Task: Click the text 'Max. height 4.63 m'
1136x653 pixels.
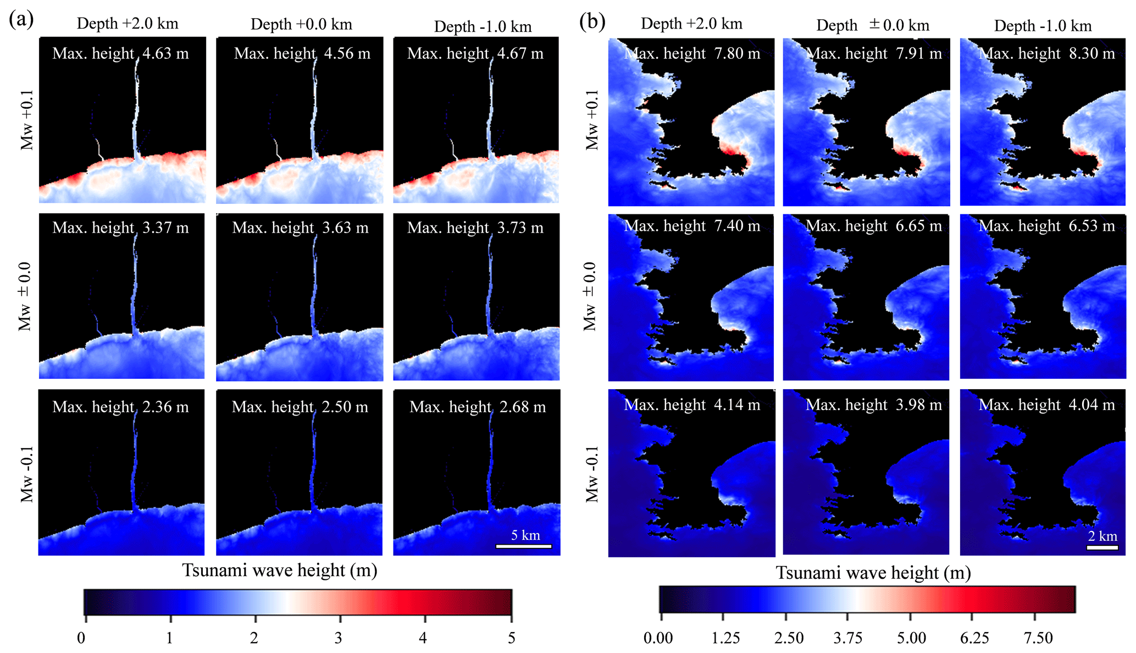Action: (120, 53)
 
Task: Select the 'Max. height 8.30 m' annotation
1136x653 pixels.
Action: (1047, 53)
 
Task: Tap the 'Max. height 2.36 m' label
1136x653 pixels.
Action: (120, 407)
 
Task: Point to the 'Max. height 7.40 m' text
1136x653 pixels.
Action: (692, 226)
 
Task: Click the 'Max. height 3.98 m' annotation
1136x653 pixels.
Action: (874, 405)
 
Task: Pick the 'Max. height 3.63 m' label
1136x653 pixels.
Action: (300, 228)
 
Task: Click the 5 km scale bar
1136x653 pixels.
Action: (524, 546)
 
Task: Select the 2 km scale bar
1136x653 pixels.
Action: (1102, 547)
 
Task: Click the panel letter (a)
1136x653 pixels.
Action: (21, 20)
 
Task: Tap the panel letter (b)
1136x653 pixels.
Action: (592, 21)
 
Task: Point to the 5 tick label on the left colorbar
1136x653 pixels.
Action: (512, 638)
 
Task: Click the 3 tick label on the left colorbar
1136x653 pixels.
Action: (339, 638)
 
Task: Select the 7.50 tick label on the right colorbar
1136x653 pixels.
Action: (1038, 638)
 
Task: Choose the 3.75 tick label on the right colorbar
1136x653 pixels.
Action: (847, 638)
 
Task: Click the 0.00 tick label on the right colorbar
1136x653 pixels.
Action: (658, 638)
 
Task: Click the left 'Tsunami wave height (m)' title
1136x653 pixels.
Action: (280, 570)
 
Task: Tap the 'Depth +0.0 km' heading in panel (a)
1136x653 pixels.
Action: (301, 24)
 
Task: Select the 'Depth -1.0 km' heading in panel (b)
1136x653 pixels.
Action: (1043, 26)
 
